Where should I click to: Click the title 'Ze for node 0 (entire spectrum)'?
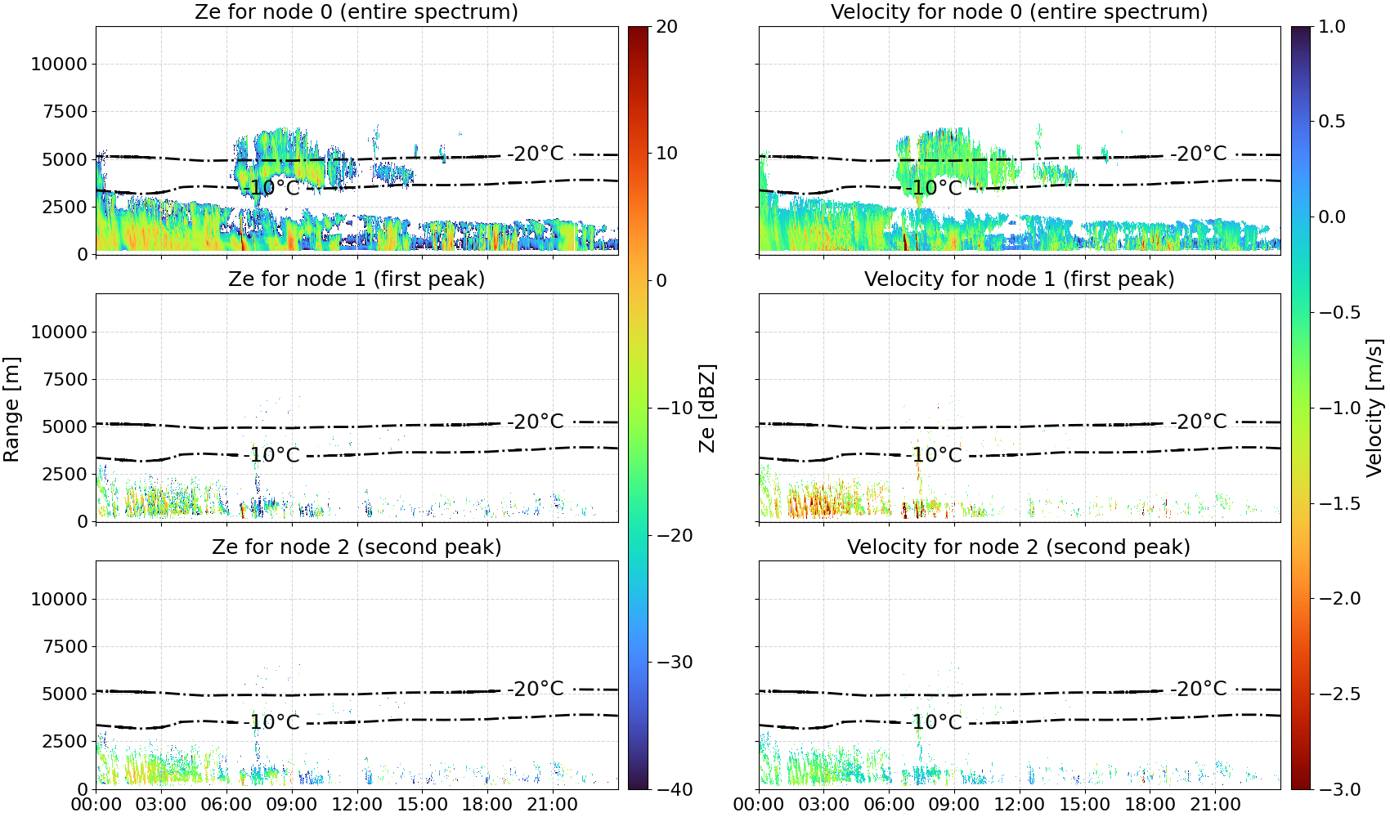click(356, 11)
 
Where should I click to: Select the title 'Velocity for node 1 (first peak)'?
click(1019, 279)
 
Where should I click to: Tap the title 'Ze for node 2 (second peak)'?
click(356, 547)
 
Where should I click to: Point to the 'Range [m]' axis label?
click(11, 409)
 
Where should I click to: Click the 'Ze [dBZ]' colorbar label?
click(706, 408)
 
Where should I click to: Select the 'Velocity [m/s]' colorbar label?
click(1374, 408)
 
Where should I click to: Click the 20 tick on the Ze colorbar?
click(666, 27)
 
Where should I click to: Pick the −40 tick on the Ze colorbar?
click(673, 789)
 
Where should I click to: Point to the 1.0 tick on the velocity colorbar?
click(1332, 27)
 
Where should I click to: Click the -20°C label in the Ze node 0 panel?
click(536, 153)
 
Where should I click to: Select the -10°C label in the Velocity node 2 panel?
click(933, 722)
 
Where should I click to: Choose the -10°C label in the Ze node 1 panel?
click(271, 455)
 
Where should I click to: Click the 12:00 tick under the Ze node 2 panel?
click(356, 805)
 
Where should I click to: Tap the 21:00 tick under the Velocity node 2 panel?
click(1215, 805)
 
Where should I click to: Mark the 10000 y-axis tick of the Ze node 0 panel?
click(59, 64)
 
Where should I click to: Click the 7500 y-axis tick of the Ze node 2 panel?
click(65, 646)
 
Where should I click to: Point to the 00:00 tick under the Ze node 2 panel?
click(96, 805)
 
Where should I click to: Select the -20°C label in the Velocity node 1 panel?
click(1199, 422)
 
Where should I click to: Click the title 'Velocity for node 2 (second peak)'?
click(1019, 547)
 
